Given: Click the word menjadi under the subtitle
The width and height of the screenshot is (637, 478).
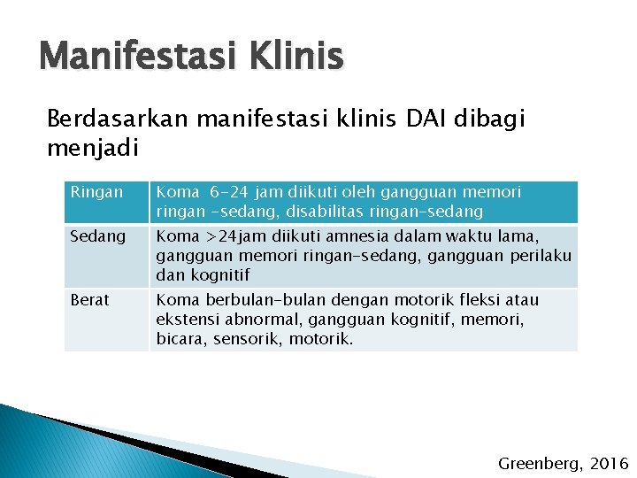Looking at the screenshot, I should point(92,147).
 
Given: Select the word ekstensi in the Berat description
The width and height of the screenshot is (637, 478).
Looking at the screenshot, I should point(183,320).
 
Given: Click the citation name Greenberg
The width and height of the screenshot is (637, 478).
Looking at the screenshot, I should point(536,463).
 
